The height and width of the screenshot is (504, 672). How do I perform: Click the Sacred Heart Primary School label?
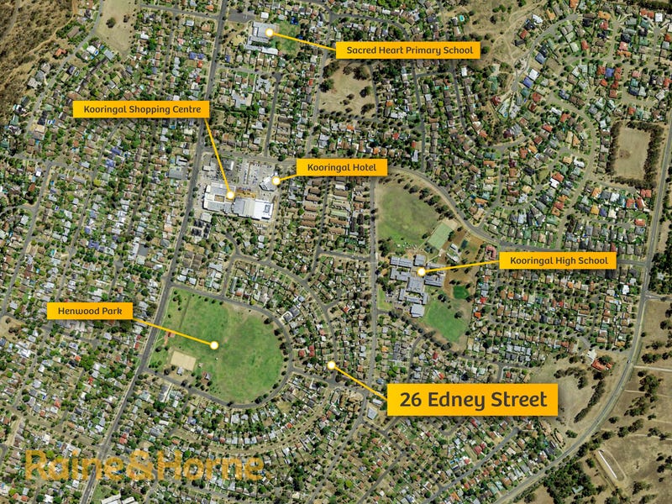coord(408,50)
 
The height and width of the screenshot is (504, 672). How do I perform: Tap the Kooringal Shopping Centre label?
coord(141,109)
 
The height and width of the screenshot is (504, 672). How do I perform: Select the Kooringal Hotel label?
coord(341,168)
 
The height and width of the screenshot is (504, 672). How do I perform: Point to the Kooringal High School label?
coord(558,261)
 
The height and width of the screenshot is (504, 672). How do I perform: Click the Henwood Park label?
coord(90,311)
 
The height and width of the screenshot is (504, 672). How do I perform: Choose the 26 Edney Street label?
coord(473,400)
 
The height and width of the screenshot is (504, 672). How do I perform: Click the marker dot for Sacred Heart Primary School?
coord(270,33)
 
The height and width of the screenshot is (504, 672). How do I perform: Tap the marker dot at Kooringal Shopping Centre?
coord(230,195)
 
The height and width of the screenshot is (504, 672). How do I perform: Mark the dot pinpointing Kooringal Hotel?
coord(276,180)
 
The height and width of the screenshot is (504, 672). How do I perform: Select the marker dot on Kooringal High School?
coord(421,272)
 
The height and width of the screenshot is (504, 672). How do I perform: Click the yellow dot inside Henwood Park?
coord(214,345)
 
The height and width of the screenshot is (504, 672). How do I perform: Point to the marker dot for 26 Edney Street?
coord(332,365)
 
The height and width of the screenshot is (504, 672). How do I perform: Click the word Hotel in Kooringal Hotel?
coord(367,168)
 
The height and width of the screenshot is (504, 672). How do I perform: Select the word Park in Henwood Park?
coord(113,311)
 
